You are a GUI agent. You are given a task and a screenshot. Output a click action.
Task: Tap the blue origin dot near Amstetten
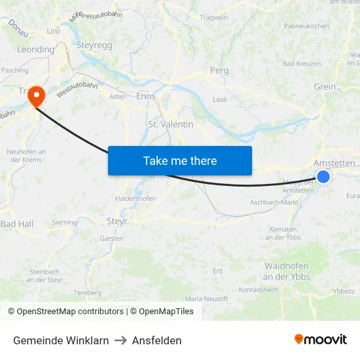[x=323, y=176]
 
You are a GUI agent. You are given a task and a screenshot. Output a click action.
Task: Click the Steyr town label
[x=117, y=221]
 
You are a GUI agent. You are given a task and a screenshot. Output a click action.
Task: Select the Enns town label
[x=145, y=96]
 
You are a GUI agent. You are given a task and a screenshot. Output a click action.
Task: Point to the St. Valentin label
[x=170, y=124]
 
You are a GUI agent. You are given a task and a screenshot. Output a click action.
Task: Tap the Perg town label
[x=219, y=70]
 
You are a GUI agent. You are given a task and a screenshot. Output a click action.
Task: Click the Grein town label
[x=325, y=86]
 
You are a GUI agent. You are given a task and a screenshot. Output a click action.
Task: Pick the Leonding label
[x=35, y=49]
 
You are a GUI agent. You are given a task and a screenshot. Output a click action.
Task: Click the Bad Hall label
[x=16, y=224]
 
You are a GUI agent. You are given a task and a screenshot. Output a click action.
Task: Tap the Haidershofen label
[x=135, y=198]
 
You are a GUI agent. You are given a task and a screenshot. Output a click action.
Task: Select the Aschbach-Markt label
[x=274, y=203]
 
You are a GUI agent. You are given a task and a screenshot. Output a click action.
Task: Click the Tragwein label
[x=213, y=17]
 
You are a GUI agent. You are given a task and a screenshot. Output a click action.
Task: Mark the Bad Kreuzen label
[x=302, y=63]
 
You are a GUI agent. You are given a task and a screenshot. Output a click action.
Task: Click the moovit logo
[x=320, y=339]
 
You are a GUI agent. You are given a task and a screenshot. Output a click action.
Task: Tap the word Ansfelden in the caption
[x=156, y=340]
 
